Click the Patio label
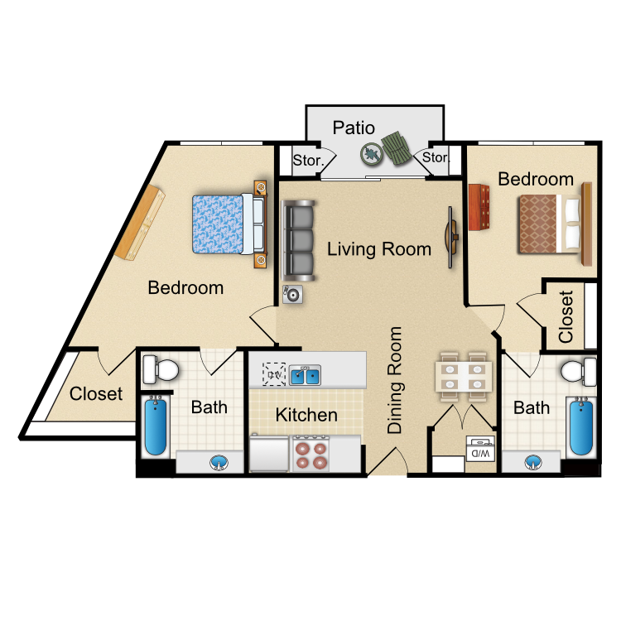click(354, 128)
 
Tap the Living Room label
click(379, 249)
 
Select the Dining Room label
click(394, 380)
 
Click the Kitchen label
click(306, 415)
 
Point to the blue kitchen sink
click(305, 374)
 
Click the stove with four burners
click(310, 454)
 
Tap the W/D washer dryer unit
click(480, 449)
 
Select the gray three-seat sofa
click(298, 241)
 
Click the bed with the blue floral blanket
click(229, 224)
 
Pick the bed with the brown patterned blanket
click(551, 224)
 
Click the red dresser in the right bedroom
click(479, 207)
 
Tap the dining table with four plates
click(464, 377)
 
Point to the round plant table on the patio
click(372, 154)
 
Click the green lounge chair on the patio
click(397, 148)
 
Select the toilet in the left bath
click(160, 369)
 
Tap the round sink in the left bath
click(219, 463)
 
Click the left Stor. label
click(308, 161)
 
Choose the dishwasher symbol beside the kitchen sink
click(274, 374)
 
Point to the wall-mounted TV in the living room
click(451, 238)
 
